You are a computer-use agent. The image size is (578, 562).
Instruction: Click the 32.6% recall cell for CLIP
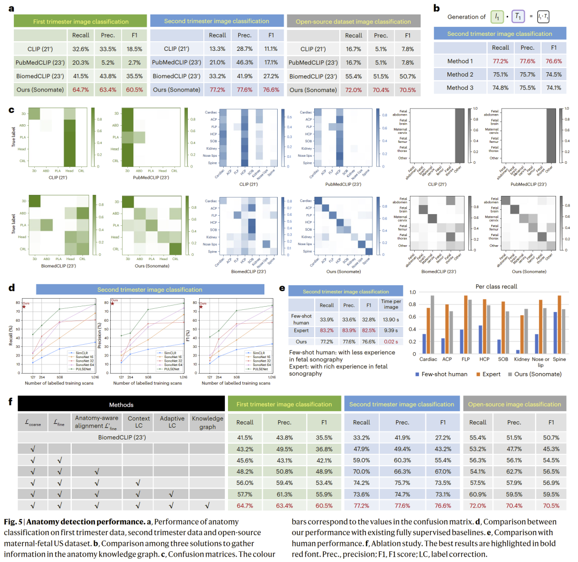tap(80, 49)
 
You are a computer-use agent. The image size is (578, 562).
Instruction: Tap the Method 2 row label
tap(460, 74)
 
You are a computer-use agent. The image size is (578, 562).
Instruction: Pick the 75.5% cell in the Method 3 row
tap(526, 88)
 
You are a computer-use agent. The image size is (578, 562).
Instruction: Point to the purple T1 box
tap(518, 17)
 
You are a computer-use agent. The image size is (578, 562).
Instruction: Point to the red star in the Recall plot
tap(24, 307)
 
